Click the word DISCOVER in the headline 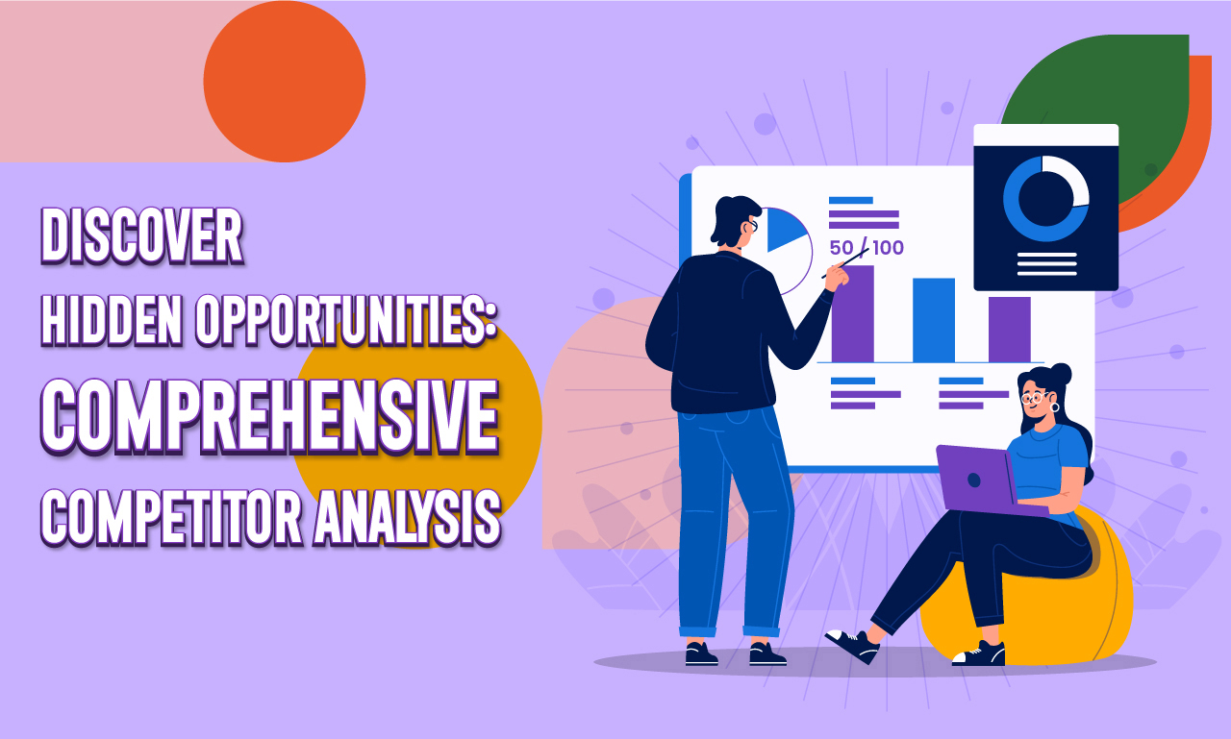(x=141, y=235)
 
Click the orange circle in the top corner (x=285, y=82)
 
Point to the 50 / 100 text (x=867, y=248)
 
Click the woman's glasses (x=1035, y=396)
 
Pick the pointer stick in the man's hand (x=846, y=263)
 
